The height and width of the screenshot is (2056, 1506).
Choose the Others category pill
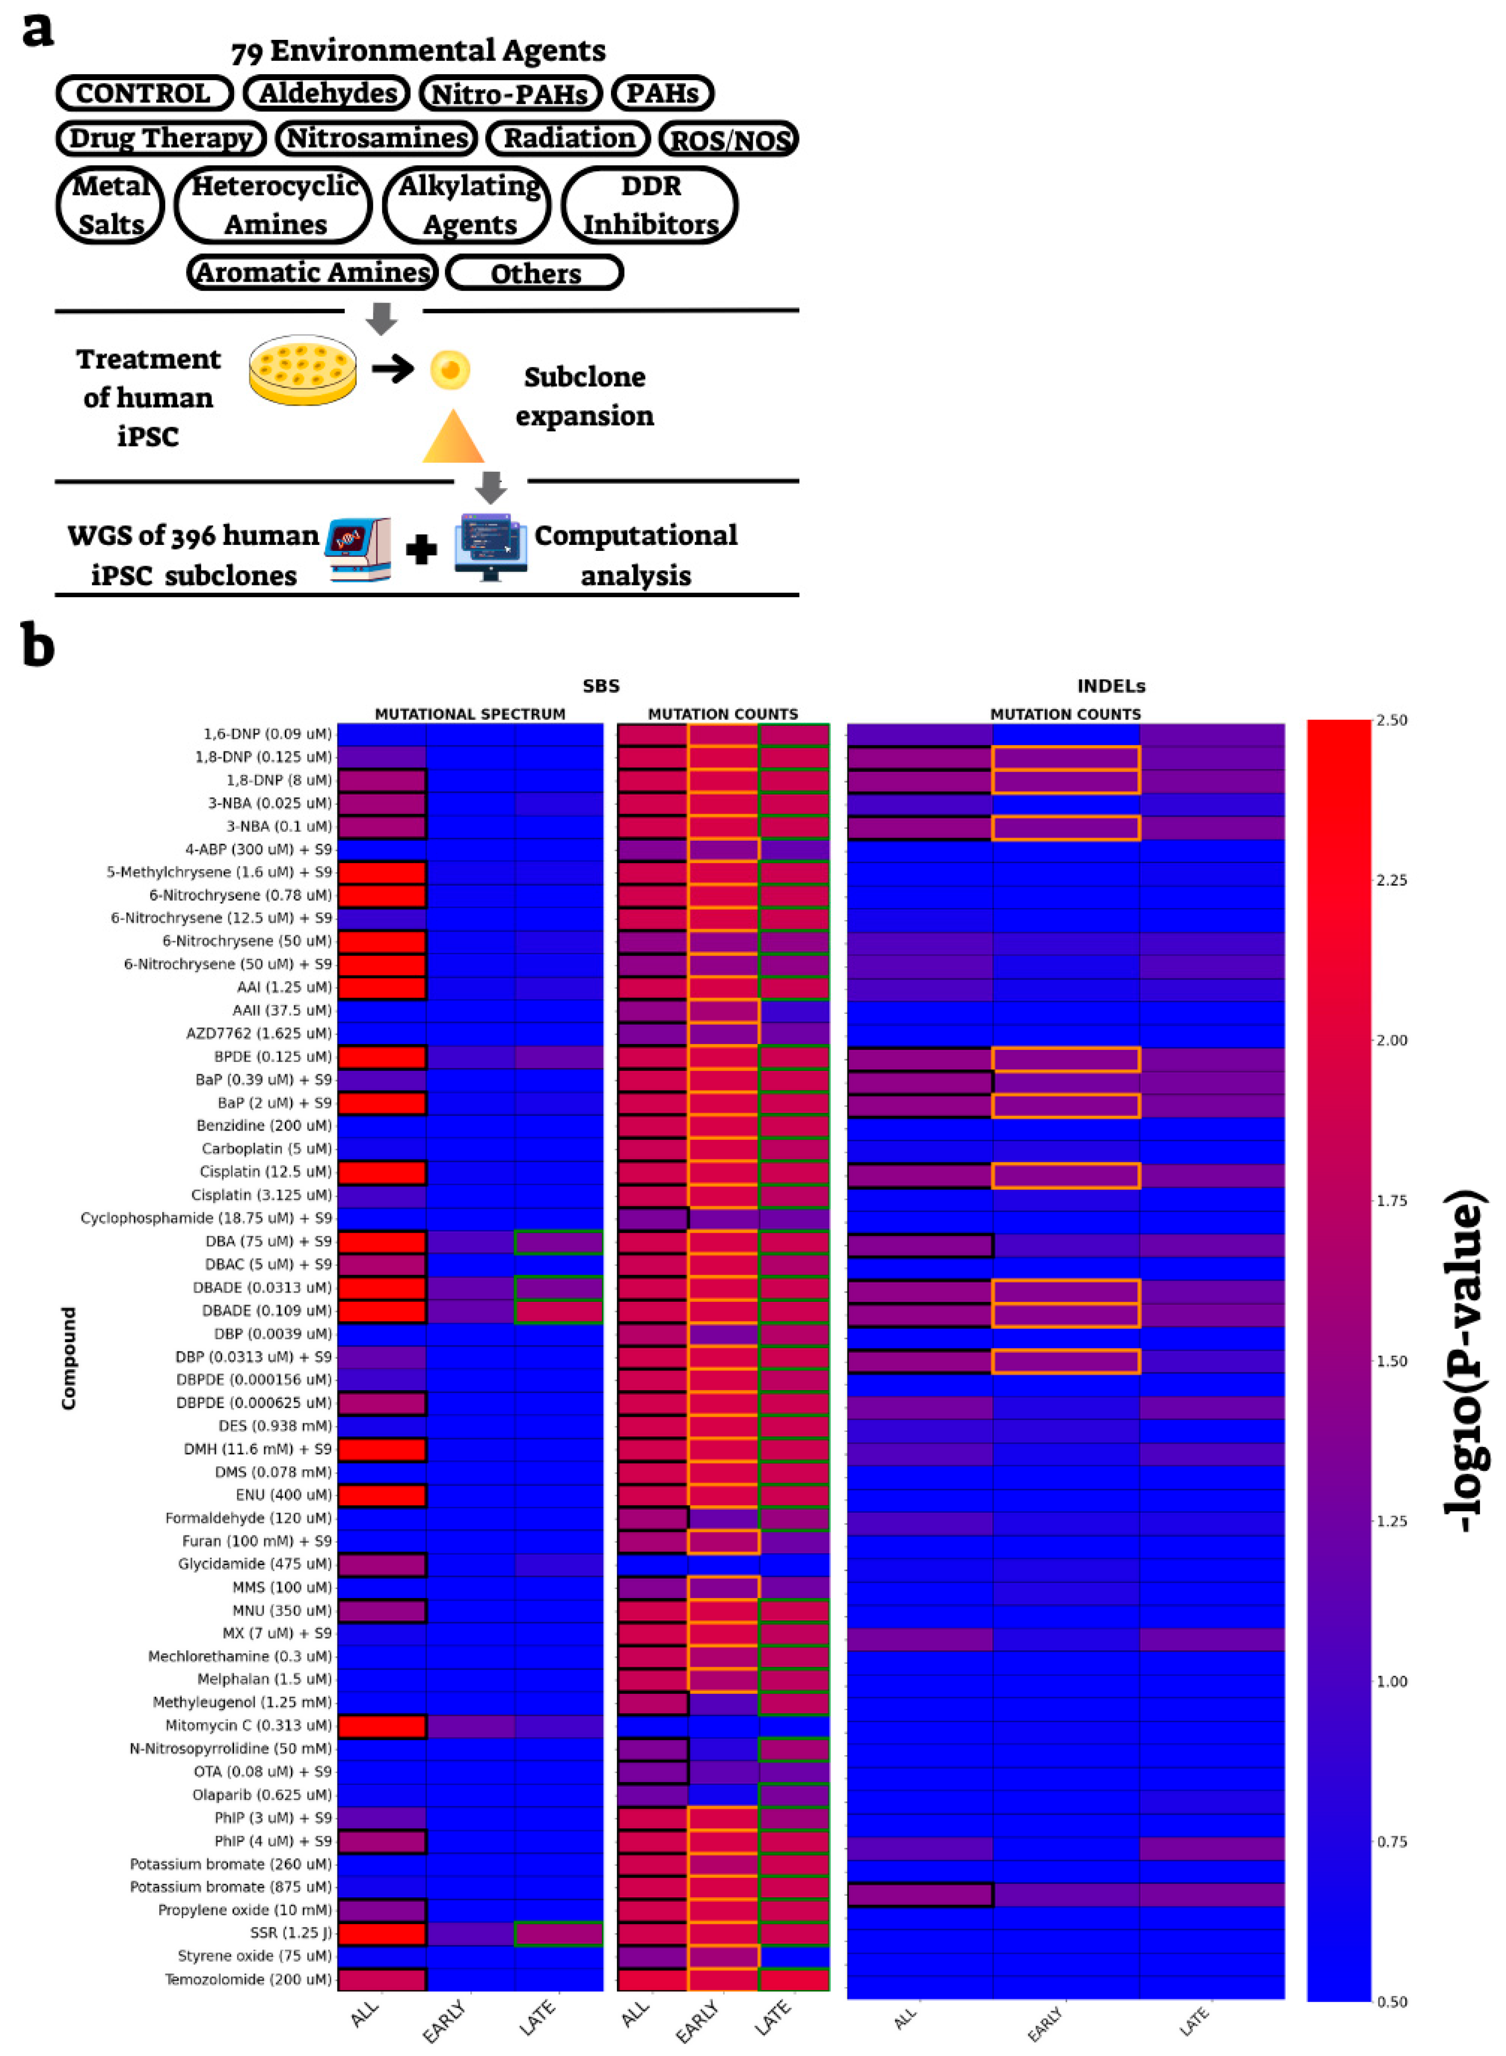535,272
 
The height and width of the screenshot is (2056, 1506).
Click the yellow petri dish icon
303,369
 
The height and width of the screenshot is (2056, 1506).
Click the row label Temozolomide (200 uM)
248,1979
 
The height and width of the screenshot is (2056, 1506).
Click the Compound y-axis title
68,1358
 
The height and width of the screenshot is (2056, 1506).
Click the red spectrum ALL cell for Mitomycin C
382,1725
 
